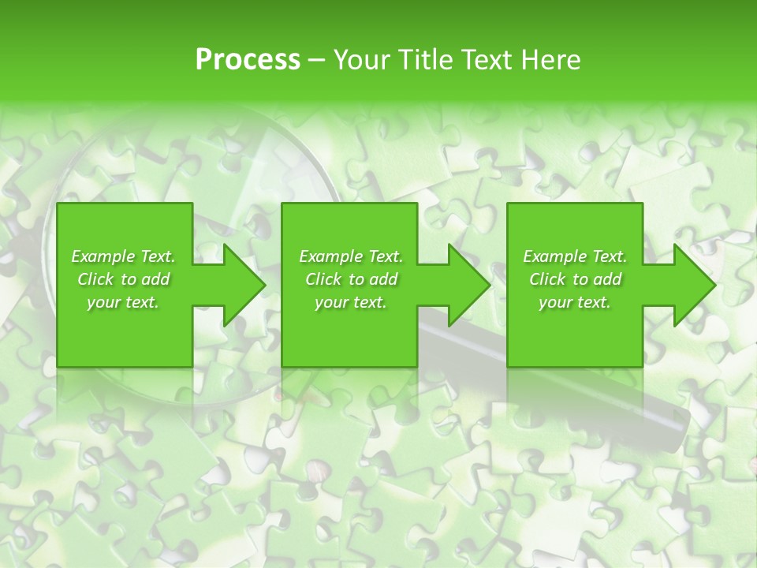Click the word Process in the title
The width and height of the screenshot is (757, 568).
pyautogui.click(x=248, y=60)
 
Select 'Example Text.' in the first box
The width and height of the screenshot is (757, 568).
pyautogui.click(x=123, y=256)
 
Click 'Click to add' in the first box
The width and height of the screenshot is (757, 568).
pyautogui.click(x=123, y=279)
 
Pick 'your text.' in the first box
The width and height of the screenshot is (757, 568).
pyautogui.click(x=123, y=302)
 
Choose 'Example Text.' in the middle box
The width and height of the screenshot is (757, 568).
pyautogui.click(x=351, y=256)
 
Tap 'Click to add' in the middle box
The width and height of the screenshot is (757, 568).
pyautogui.click(x=351, y=279)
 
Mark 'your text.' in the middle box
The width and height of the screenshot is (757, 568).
pyautogui.click(x=351, y=302)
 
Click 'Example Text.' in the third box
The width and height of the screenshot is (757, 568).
pyautogui.click(x=575, y=256)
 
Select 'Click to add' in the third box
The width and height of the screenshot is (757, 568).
pyautogui.click(x=575, y=279)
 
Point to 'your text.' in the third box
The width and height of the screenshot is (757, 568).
pyautogui.click(x=575, y=302)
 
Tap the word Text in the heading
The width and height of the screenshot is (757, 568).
pyautogui.click(x=483, y=60)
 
